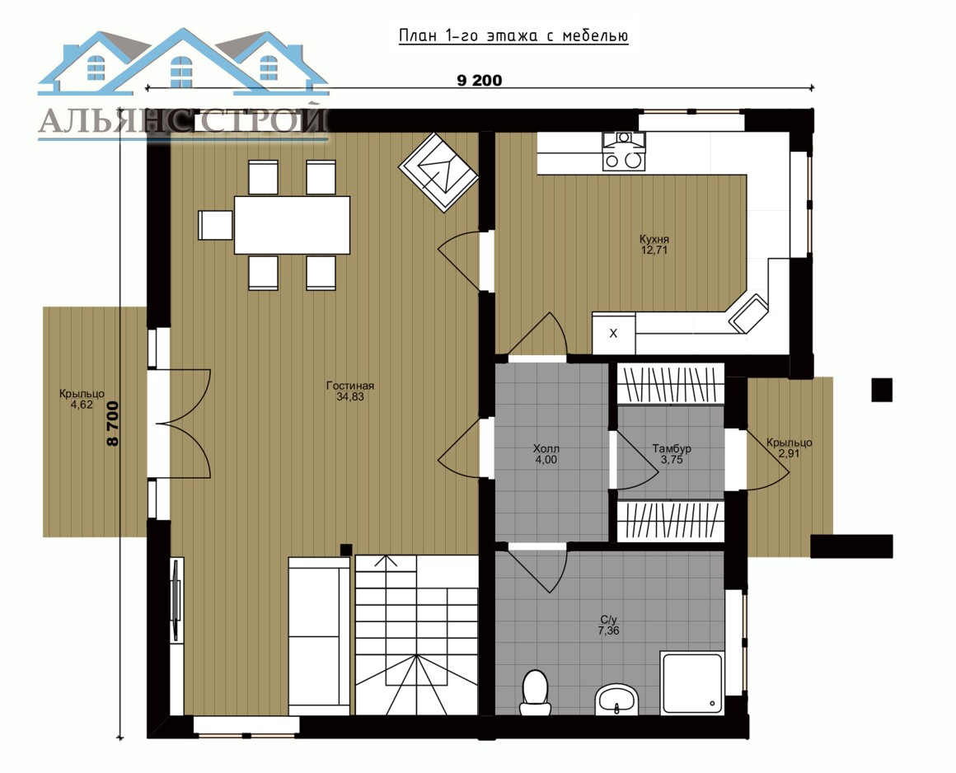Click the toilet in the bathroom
(536, 692)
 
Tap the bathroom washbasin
(616, 699)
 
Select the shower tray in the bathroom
(692, 682)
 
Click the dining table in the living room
(292, 225)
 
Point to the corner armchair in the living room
(438, 172)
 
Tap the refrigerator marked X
(613, 334)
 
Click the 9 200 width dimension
(480, 81)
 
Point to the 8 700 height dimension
(113, 423)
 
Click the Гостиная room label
(350, 391)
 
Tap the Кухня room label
(654, 245)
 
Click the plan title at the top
(513, 36)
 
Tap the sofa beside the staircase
(320, 635)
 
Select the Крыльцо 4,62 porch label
(82, 399)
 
